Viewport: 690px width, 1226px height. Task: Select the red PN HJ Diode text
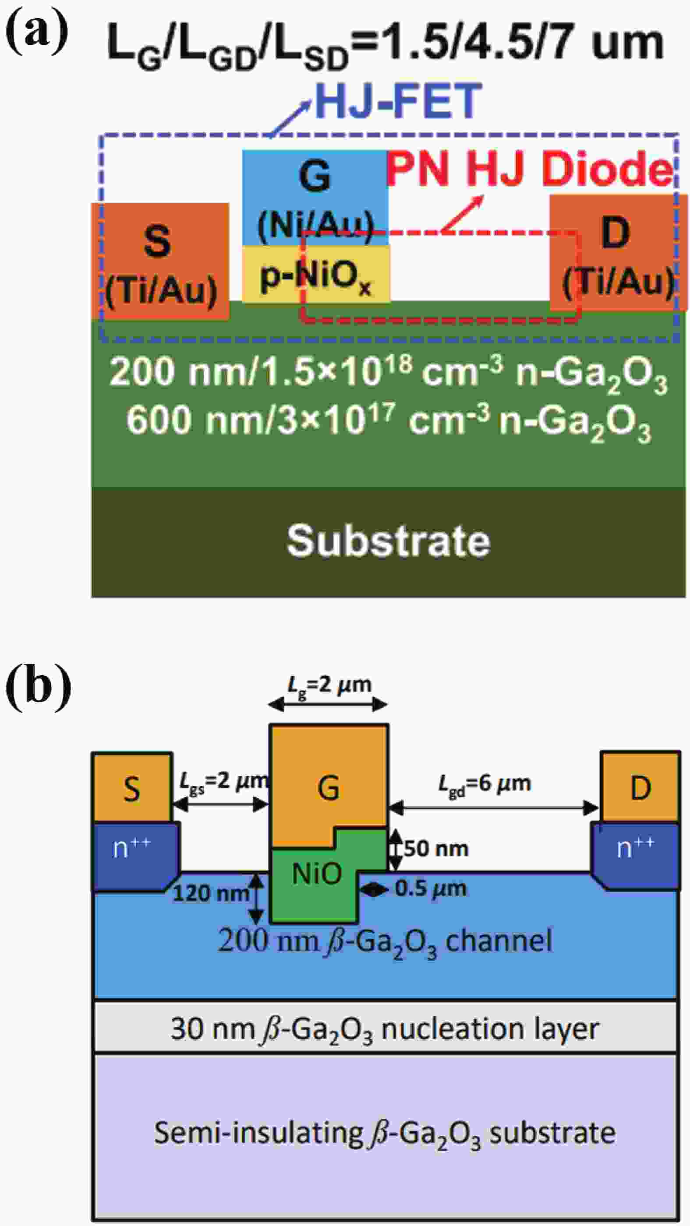click(x=529, y=169)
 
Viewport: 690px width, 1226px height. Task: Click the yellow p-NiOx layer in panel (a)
click(x=315, y=274)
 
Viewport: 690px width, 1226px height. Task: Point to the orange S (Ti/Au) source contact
click(x=160, y=261)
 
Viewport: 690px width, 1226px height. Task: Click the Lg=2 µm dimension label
click(x=329, y=685)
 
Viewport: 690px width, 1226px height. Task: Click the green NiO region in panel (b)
click(x=316, y=874)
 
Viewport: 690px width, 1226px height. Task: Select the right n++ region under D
click(x=636, y=856)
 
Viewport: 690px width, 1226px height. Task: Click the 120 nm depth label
click(x=211, y=893)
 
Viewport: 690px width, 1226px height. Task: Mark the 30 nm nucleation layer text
click(x=385, y=1029)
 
